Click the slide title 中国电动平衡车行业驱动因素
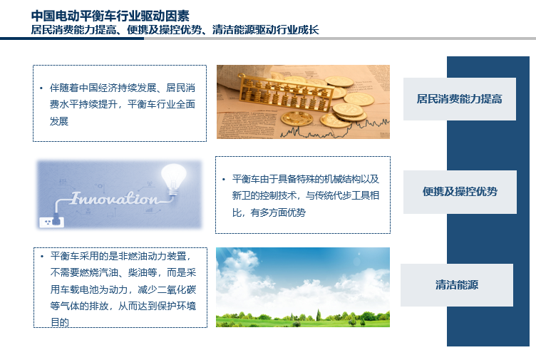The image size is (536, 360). coord(110,16)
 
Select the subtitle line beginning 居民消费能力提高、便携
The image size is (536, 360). coord(175,30)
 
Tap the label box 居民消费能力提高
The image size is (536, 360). coord(460,99)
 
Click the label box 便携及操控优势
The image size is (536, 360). coord(460,192)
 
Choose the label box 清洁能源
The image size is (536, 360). coord(457,284)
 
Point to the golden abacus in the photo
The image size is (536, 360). coord(286,92)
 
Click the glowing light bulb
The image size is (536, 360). coord(174,178)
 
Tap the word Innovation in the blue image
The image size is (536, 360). coord(115,198)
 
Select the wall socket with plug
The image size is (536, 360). coord(51,221)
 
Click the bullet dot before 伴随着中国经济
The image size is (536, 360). coord(41,88)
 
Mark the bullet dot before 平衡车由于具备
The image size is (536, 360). coord(224,180)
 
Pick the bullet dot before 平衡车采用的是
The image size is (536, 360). coord(42,257)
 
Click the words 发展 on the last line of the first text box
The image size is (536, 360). coord(58,121)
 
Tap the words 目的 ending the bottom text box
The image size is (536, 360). coord(60,322)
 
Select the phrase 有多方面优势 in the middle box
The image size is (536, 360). coord(278,212)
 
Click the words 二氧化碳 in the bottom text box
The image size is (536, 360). coord(177,289)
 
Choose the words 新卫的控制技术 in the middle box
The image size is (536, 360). coord(264,195)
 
